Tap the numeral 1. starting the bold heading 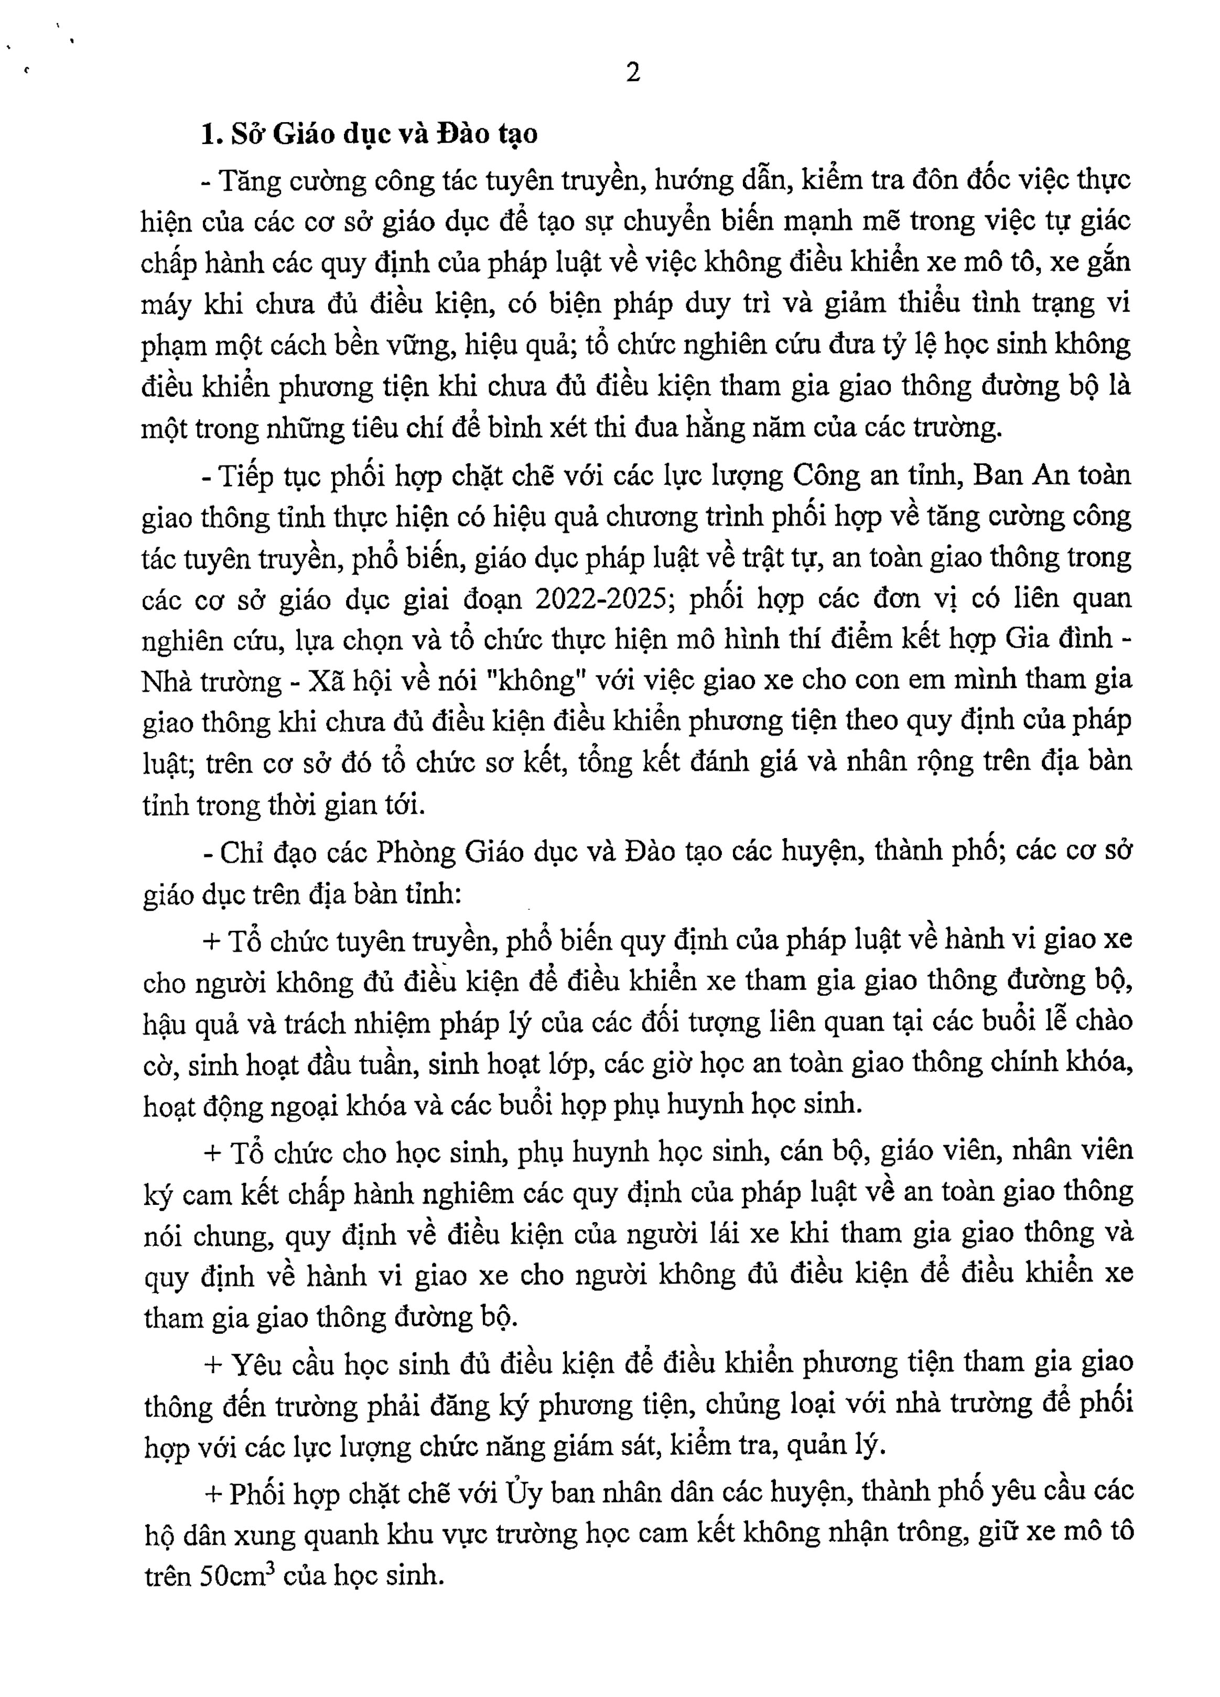[210, 134]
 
